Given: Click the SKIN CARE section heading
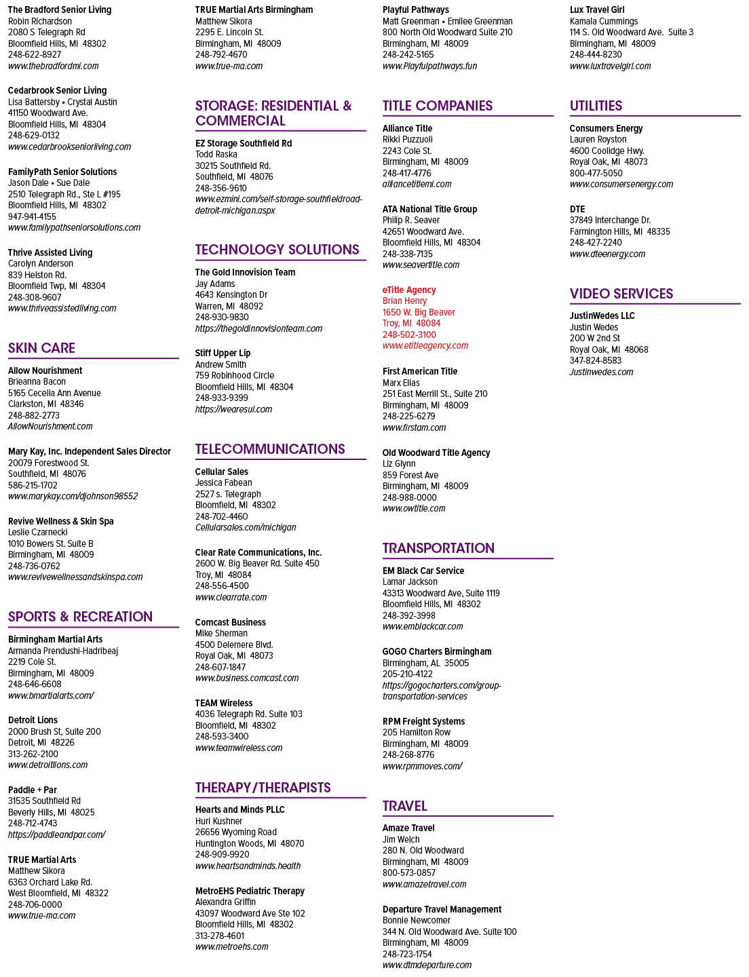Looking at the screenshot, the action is (41, 348).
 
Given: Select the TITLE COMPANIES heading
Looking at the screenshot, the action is (438, 106).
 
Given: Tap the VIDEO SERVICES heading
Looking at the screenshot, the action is (621, 294).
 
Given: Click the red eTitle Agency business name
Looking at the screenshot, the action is (409, 290).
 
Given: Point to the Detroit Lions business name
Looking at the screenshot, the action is (33, 720).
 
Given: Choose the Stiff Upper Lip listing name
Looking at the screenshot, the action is (223, 353).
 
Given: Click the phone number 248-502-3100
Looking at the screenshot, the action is (409, 334).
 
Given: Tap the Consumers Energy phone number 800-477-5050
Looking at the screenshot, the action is (596, 173).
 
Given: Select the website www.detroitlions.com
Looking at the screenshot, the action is (47, 765).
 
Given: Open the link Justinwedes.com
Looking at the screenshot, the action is (601, 372).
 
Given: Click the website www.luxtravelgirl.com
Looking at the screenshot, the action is (610, 66).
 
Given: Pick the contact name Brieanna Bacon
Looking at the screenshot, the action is (37, 381).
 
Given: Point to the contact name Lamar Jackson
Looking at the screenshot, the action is (410, 581).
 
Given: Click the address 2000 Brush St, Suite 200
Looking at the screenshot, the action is (54, 731).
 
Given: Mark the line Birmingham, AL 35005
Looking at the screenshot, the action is (425, 663).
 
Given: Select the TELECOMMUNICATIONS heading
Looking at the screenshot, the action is (270, 448).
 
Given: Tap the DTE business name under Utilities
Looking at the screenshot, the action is (577, 209).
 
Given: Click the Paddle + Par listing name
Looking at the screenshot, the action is (33, 790).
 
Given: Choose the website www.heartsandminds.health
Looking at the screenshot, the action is (248, 866).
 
